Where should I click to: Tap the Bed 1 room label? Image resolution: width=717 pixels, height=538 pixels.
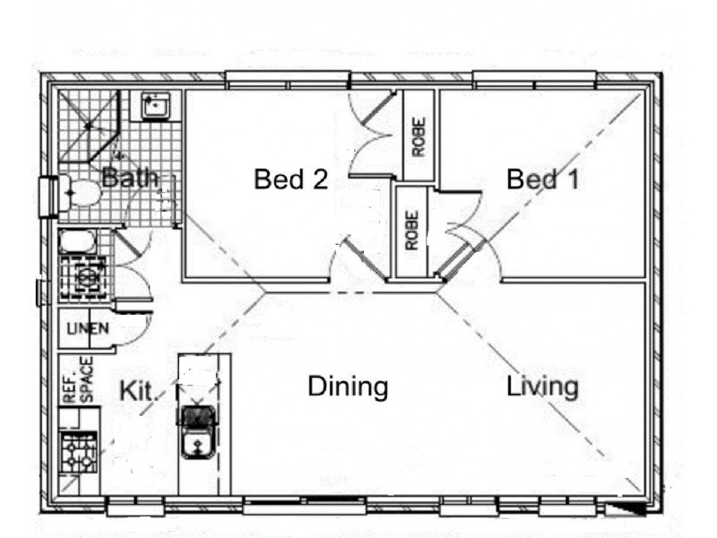pyautogui.click(x=542, y=179)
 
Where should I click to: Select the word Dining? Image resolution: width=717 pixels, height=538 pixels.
pyautogui.click(x=348, y=387)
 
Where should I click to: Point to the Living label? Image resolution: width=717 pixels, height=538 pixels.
pyautogui.click(x=542, y=387)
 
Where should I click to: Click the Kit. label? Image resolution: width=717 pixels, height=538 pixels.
pyautogui.click(x=140, y=391)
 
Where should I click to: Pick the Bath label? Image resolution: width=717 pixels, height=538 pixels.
pyautogui.click(x=129, y=178)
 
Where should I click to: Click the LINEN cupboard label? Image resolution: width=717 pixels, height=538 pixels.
pyautogui.click(x=88, y=328)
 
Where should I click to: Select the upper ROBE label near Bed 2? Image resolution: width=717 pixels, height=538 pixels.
pyautogui.click(x=419, y=136)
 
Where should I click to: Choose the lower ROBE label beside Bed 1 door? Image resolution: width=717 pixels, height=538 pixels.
pyautogui.click(x=411, y=230)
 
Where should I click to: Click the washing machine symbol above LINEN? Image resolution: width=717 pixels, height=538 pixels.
pyautogui.click(x=86, y=277)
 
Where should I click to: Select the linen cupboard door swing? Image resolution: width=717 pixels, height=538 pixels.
pyautogui.click(x=130, y=327)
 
